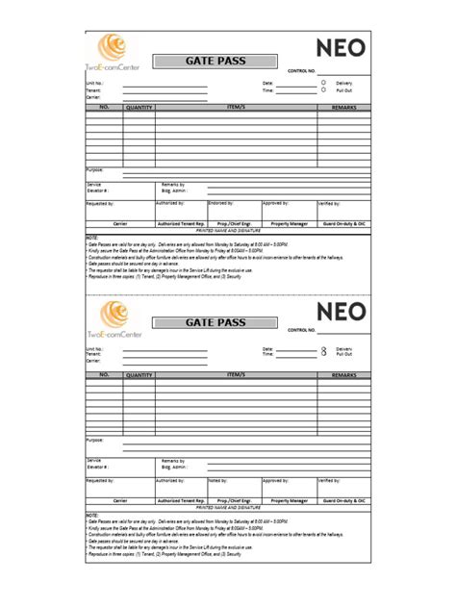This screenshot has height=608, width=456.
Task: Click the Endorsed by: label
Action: (218, 204)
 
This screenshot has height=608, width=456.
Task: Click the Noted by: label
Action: (216, 479)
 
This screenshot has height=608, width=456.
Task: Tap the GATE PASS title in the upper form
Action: (215, 61)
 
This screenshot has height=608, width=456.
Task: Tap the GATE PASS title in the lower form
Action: (215, 323)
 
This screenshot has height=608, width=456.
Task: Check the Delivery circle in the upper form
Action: (324, 83)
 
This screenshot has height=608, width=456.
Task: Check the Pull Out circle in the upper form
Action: (324, 90)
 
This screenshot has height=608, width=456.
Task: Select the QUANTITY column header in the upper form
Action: (139, 108)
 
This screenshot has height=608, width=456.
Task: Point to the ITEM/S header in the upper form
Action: (236, 108)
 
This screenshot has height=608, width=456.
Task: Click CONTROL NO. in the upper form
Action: (303, 71)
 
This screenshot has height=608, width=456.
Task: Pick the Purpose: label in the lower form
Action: (95, 440)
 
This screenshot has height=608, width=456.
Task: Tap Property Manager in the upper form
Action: (290, 223)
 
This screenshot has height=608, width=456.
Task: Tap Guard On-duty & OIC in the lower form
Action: (342, 500)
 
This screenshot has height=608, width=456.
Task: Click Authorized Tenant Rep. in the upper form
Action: (181, 223)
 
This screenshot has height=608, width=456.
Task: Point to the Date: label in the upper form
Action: (267, 84)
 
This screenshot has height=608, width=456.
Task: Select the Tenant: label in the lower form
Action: (93, 354)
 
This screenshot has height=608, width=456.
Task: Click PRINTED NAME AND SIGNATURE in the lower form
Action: (227, 507)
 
